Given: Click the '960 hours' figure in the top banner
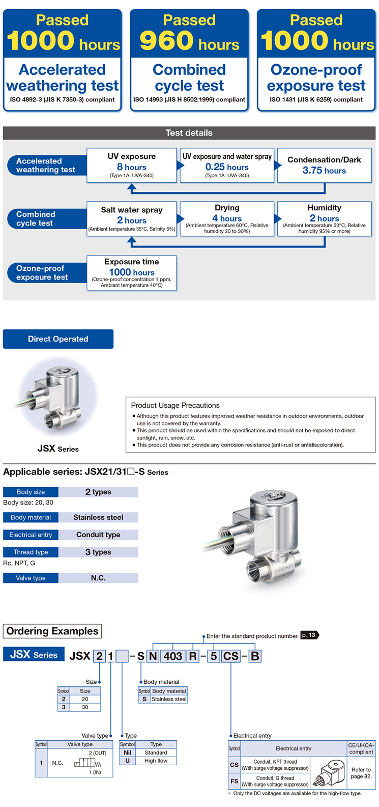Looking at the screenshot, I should tap(189, 41).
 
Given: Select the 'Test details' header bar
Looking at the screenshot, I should tap(189, 133).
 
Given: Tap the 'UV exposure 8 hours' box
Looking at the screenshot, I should tap(132, 165).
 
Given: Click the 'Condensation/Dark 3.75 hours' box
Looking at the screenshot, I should tap(324, 165).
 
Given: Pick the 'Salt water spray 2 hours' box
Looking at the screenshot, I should tap(132, 218).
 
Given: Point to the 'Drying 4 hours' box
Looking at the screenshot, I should tap(227, 218).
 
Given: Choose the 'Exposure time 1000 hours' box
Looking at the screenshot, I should tap(132, 272).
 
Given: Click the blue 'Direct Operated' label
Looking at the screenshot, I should tap(58, 339).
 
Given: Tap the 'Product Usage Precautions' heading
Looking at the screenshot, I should tap(175, 405).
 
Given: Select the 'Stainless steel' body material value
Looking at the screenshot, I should tap(98, 517).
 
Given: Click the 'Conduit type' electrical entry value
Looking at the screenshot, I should tap(98, 535).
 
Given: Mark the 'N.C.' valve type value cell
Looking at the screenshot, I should tap(98, 578).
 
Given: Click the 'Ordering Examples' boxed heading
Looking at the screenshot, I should tap(52, 631).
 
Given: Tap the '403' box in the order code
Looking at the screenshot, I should tap(173, 656).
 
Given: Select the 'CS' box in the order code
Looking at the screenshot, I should tap(231, 656).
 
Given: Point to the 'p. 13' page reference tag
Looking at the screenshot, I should tap(309, 635).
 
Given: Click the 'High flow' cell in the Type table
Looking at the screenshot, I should tap(156, 761).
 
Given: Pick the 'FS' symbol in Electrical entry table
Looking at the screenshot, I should tap(234, 781).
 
